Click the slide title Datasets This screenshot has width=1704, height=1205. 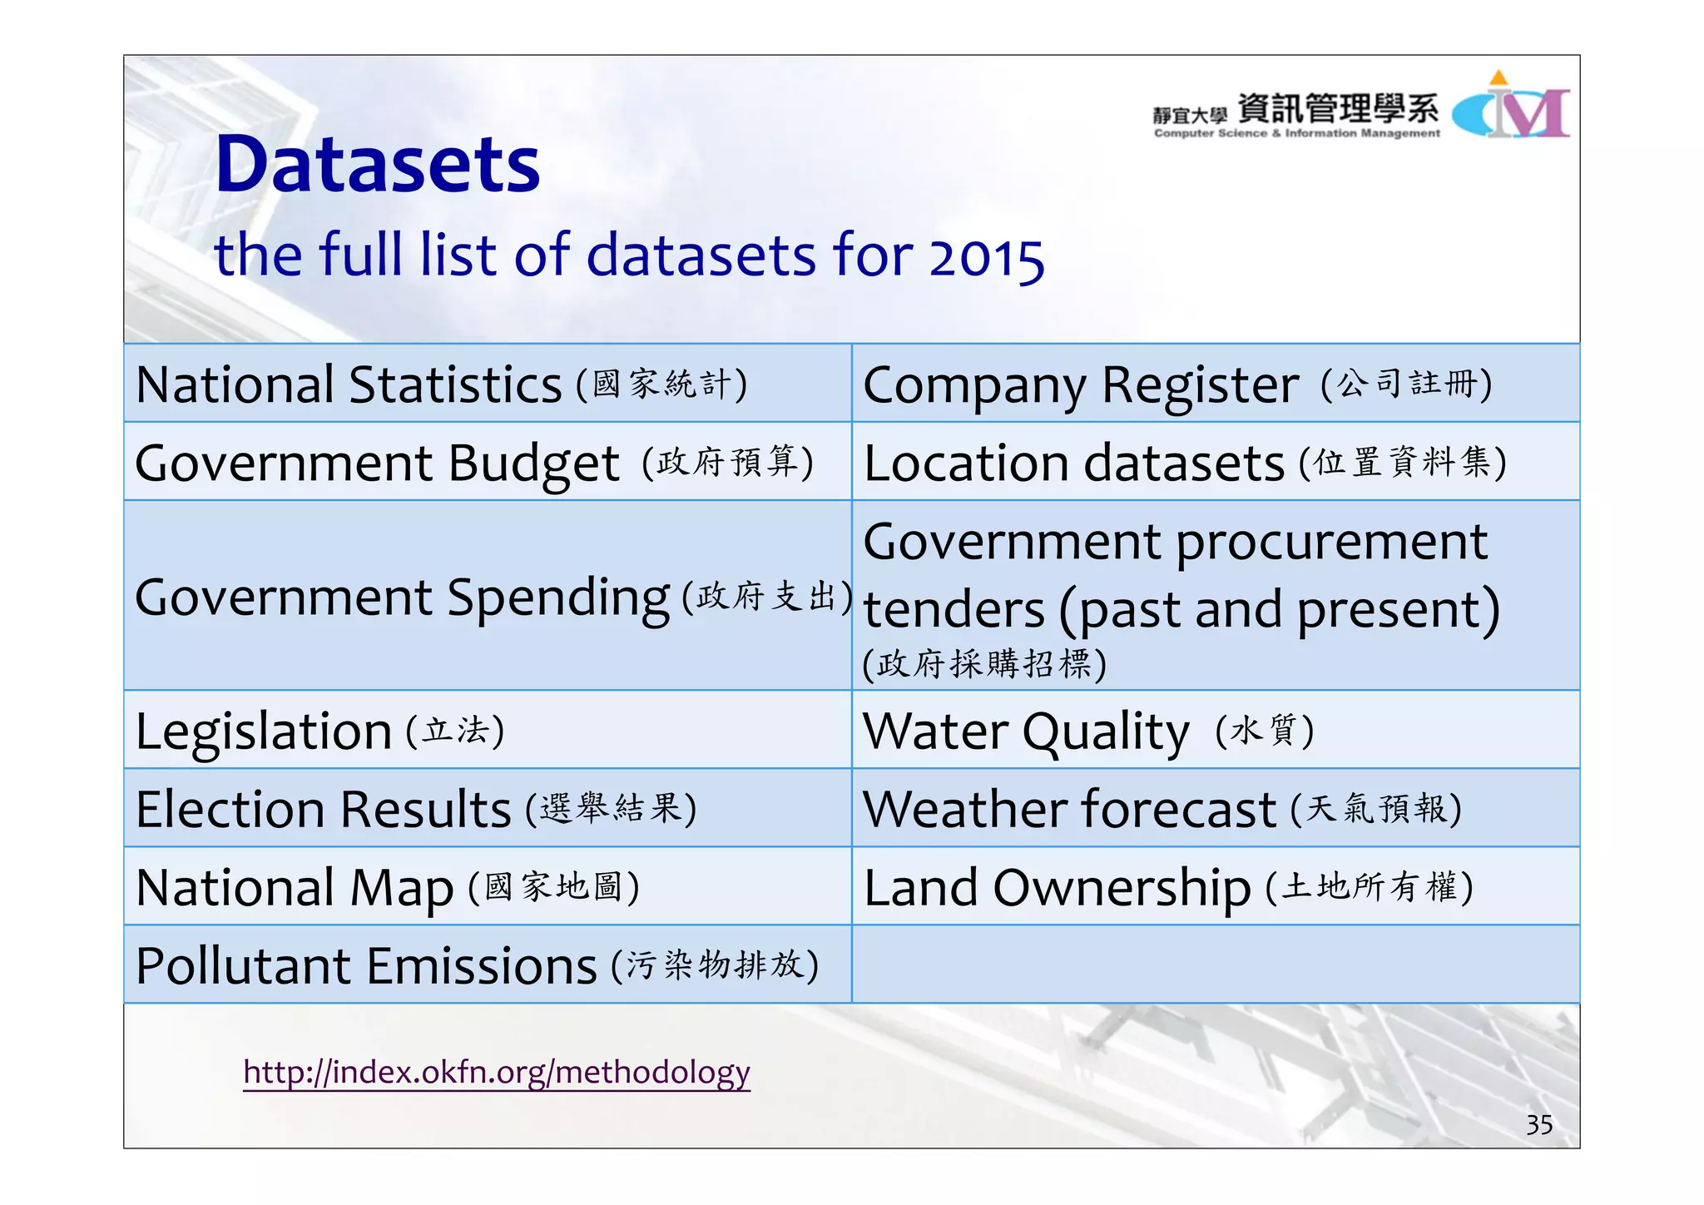377,165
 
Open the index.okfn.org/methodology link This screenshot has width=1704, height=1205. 497,1072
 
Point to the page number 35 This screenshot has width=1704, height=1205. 1538,1125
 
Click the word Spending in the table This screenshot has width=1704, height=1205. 557,598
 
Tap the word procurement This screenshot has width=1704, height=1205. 1331,543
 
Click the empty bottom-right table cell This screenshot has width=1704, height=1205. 1215,965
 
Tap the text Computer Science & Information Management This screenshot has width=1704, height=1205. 1296,133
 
